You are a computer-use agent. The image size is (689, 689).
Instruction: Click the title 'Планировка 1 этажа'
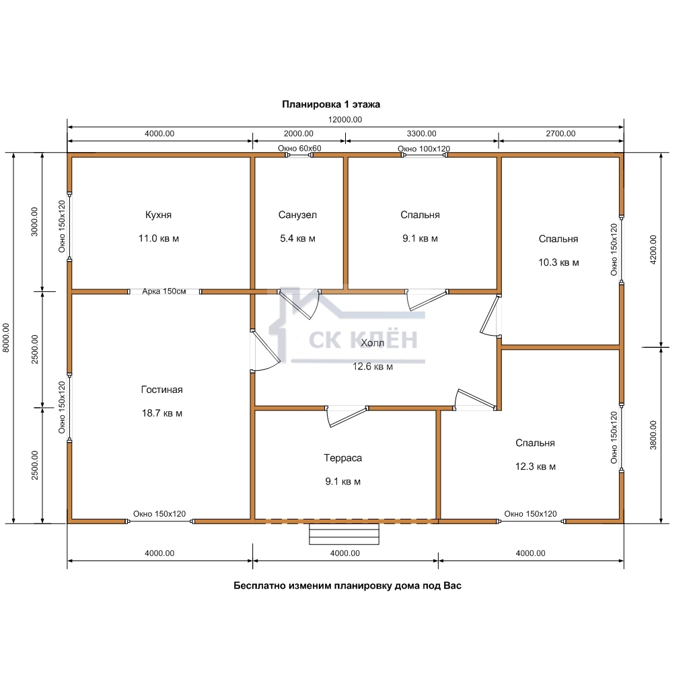331,104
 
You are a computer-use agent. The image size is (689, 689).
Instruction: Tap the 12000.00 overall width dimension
345,120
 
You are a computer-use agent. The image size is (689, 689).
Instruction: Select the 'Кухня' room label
158,215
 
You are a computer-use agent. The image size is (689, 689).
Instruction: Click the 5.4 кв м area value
297,239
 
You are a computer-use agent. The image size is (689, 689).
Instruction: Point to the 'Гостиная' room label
161,390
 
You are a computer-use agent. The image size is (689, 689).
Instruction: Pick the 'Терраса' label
342,458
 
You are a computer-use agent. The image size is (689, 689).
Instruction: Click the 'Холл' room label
372,343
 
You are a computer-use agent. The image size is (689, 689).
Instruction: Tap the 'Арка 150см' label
164,291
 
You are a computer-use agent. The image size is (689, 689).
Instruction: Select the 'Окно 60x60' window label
299,149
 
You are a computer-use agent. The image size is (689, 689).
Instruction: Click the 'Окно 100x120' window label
424,149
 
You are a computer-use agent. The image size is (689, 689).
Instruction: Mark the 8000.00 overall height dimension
5,338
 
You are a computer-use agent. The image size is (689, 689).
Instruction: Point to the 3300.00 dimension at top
421,134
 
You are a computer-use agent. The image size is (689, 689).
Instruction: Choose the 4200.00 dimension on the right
653,250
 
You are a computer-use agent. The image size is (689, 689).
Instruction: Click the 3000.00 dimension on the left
34,222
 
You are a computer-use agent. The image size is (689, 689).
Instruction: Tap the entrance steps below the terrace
344,534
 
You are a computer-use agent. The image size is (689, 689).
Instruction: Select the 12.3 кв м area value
535,467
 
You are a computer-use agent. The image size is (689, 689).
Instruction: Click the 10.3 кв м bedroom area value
558,263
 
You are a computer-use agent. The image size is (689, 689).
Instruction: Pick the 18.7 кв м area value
161,414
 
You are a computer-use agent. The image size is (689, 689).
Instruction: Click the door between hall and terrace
347,416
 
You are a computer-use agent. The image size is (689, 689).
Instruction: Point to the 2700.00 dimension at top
560,134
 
